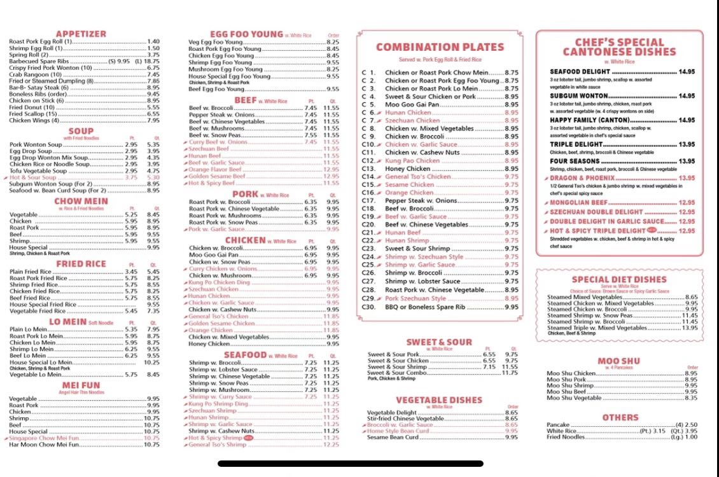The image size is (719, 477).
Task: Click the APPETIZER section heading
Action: (81, 34)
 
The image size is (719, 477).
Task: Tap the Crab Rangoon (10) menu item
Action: (36, 74)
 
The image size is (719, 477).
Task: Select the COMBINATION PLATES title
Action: (440, 47)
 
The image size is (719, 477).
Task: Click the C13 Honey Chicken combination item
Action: (408, 169)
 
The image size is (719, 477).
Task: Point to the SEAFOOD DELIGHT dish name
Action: (580, 72)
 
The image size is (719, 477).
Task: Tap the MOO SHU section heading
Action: (618, 361)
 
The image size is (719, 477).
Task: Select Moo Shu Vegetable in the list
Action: (574, 398)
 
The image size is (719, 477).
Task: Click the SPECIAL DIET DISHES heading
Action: (618, 279)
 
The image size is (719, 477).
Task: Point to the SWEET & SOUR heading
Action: (439, 342)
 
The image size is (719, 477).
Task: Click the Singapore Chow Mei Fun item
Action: (45, 438)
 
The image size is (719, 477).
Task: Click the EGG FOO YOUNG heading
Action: (246, 34)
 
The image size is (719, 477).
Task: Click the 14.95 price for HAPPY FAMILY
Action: (687, 120)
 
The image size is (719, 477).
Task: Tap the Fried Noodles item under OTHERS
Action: (566, 437)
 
